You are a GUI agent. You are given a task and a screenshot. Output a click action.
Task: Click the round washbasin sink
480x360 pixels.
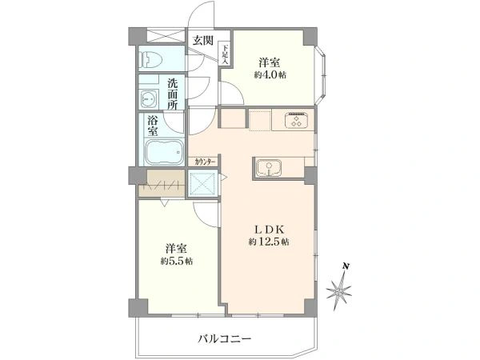[150, 98]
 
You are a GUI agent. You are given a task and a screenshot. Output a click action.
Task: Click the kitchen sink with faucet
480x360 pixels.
[269, 168]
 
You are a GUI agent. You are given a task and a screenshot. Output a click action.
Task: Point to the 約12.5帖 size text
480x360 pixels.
[269, 242]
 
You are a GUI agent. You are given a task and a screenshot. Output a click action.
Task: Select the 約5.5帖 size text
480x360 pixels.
[175, 262]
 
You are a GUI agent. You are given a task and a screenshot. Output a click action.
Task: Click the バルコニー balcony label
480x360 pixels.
[225, 339]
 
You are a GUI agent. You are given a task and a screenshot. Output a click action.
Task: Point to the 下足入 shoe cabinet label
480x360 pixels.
[226, 54]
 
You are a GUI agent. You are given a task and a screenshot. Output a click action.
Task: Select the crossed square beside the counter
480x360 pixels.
[202, 185]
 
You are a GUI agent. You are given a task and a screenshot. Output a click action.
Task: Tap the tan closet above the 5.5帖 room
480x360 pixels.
[161, 185]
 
